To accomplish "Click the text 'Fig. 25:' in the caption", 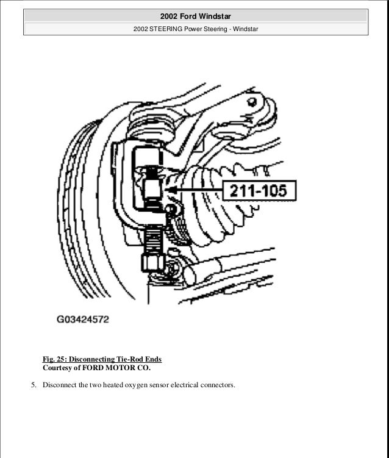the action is tap(55, 359).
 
